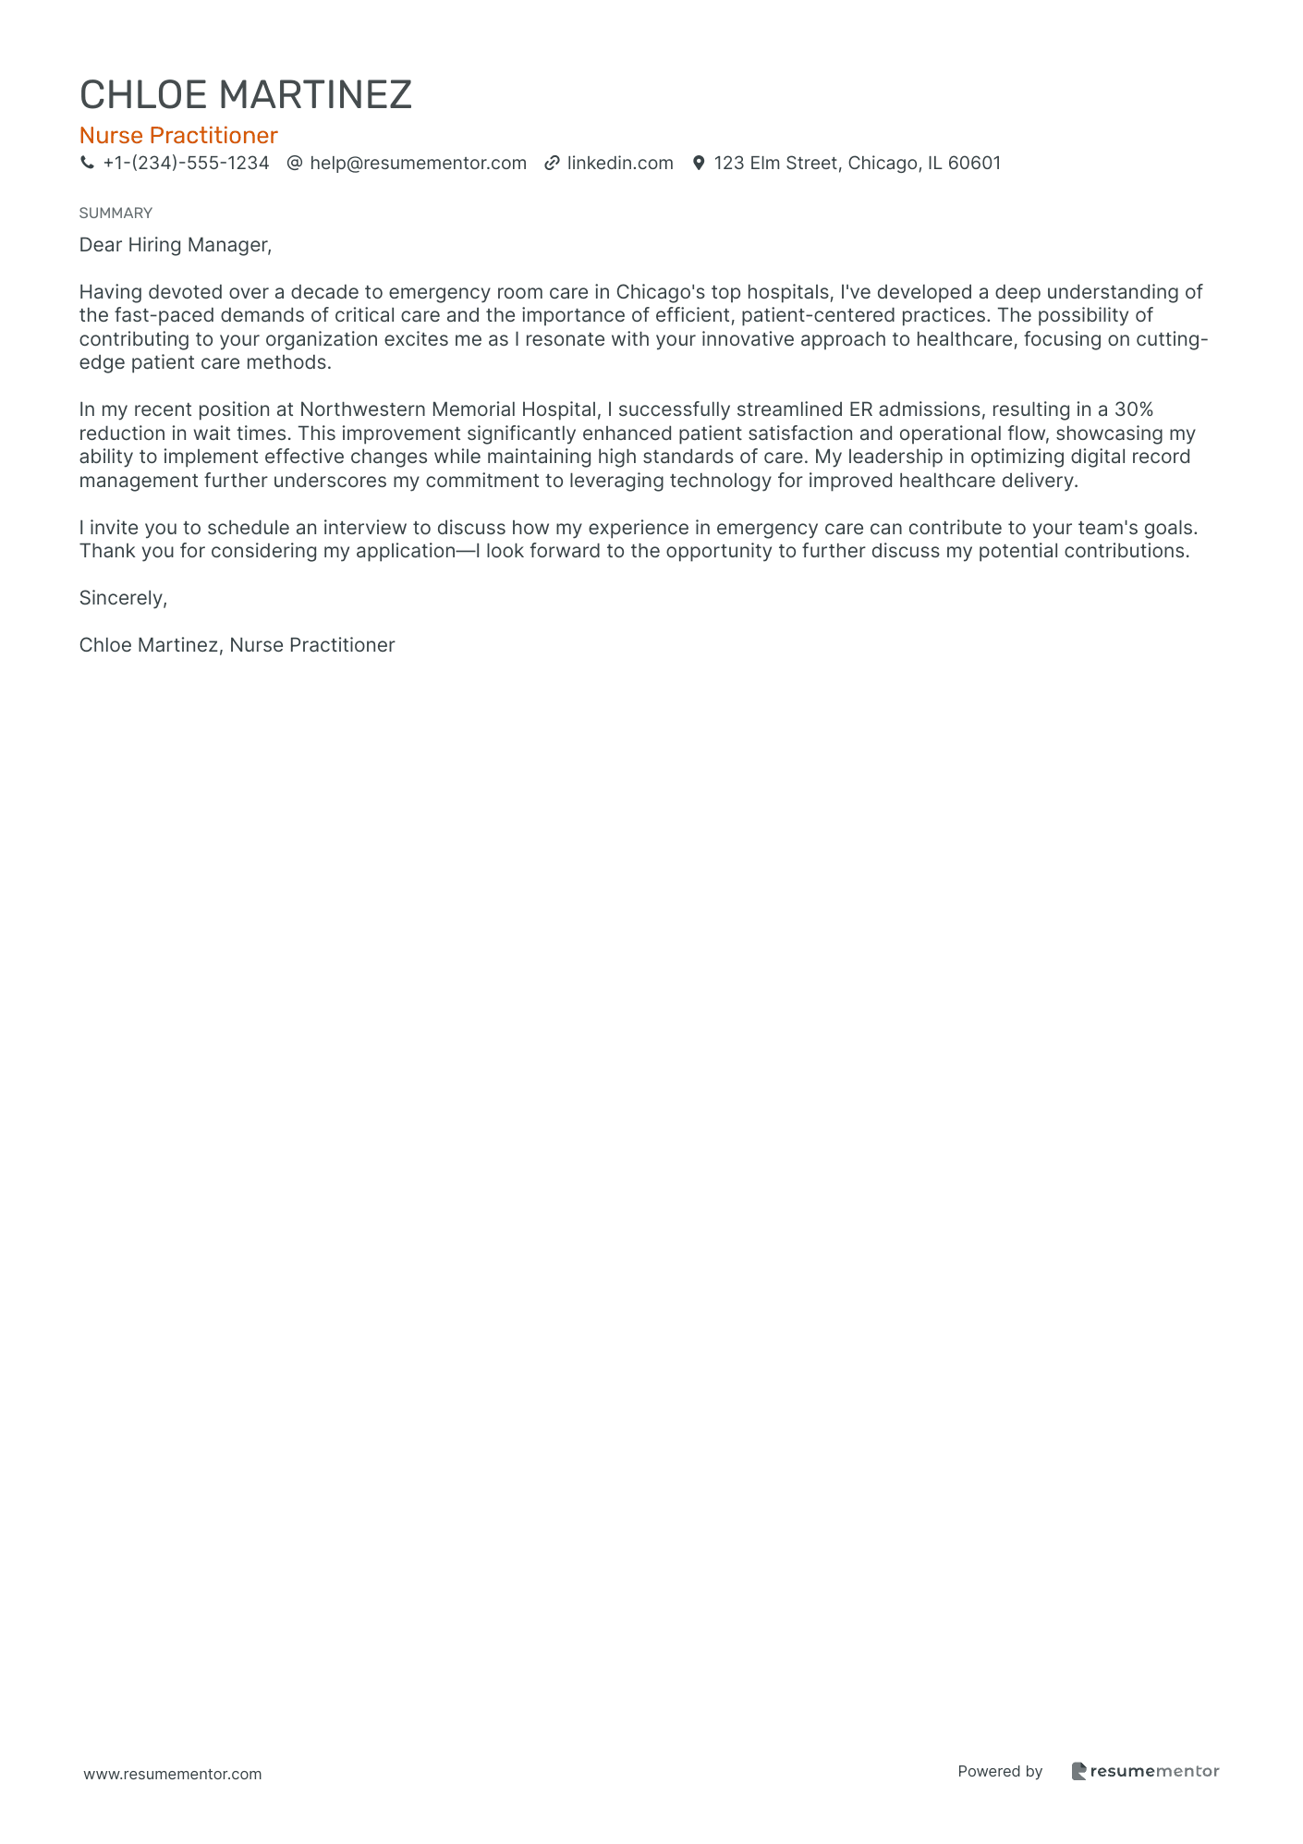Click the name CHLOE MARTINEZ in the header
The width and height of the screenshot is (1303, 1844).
(x=245, y=95)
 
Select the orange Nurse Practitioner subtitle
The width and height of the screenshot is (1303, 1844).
(x=178, y=136)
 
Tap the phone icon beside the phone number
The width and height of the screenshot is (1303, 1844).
(x=87, y=164)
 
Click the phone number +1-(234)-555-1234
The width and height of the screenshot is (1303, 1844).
(x=186, y=164)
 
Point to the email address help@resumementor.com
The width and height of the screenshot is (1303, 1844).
(x=418, y=164)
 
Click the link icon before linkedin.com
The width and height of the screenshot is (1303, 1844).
(x=552, y=164)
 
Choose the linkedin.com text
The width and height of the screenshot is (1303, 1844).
(x=620, y=164)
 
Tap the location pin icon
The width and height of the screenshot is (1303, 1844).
(x=699, y=164)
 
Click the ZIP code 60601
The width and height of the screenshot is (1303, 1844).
(x=974, y=164)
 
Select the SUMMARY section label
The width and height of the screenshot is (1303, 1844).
(x=116, y=214)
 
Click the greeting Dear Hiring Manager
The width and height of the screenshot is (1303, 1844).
(x=176, y=245)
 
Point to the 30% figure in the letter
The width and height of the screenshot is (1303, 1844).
(x=1133, y=409)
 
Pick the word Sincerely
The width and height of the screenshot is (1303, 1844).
(x=123, y=598)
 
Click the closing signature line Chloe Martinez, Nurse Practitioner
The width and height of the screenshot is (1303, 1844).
(x=237, y=645)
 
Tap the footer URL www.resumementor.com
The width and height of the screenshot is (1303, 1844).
(x=173, y=1774)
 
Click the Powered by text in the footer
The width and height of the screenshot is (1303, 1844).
(x=1000, y=1771)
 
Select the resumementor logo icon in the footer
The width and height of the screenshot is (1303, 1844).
(x=1078, y=1771)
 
